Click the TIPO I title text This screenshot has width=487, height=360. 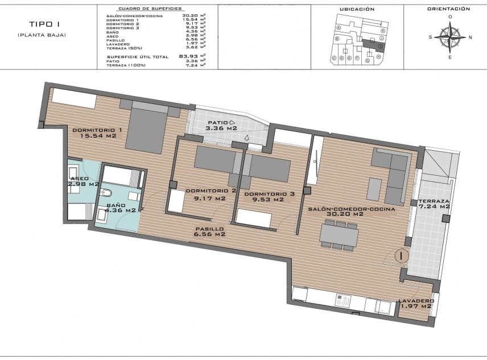40,24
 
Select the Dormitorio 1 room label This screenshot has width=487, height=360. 97,133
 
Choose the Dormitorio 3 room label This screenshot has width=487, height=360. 270,196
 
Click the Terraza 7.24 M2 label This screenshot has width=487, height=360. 434,204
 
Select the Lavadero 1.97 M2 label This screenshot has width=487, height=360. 416,304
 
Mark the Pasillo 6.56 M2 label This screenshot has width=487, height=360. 209,231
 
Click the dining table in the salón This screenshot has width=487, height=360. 339,234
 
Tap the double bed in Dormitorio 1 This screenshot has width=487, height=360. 146,130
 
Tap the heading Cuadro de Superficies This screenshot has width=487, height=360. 150,10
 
